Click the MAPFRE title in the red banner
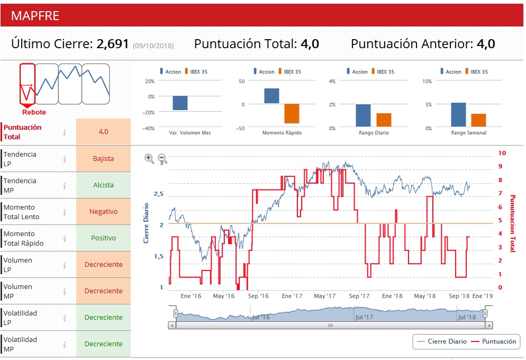tap(35, 15)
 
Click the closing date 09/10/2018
tap(153, 46)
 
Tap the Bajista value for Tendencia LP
tap(103, 158)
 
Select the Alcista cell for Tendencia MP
tap(103, 185)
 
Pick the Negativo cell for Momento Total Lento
tap(103, 211)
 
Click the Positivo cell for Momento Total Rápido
tap(103, 238)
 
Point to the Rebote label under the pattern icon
tap(34, 112)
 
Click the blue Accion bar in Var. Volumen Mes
tap(180, 103)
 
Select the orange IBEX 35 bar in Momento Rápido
tap(292, 113)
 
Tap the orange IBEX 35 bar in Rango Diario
tap(384, 120)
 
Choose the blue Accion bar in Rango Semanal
tap(458, 115)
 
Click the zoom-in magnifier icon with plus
tap(149, 158)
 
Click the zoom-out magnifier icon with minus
tap(162, 158)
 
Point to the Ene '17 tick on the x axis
tap(292, 296)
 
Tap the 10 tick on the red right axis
tap(502, 153)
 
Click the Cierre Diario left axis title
tap(147, 223)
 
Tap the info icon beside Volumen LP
tap(65, 264)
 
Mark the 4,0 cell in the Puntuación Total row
tap(103, 132)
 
